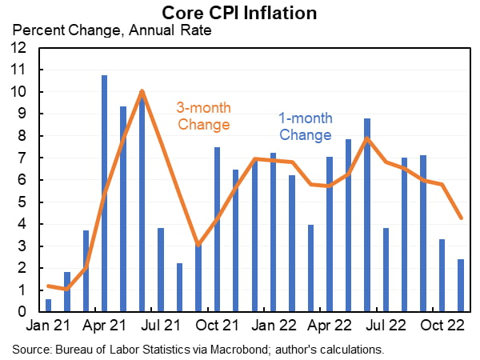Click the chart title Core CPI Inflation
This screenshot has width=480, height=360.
coord(239,13)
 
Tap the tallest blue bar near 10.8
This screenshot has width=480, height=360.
coord(105,192)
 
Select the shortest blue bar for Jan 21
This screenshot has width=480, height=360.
coord(49,305)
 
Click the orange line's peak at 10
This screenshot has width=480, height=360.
coord(142,91)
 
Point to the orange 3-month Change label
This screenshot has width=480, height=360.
coord(203,116)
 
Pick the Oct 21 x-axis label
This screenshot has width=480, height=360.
coord(214,327)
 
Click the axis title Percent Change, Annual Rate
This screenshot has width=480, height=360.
coord(109,31)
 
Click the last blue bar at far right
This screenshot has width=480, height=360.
coord(461,285)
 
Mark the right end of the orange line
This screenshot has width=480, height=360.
coord(461,218)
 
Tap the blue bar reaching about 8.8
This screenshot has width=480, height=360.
coord(367,214)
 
